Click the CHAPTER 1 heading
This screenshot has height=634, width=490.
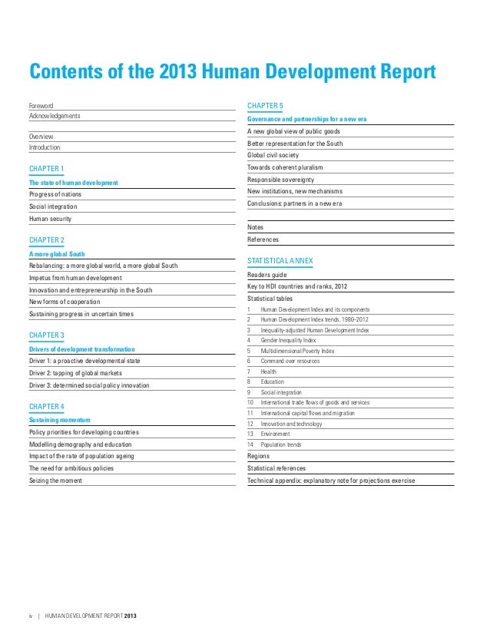[47, 168]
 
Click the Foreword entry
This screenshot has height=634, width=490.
[41, 104]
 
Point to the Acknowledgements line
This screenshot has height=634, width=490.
[55, 116]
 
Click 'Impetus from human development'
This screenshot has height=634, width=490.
[75, 277]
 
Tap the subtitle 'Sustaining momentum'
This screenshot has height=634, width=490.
[60, 421]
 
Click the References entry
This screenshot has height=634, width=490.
[263, 239]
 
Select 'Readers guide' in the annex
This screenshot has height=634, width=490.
[267, 274]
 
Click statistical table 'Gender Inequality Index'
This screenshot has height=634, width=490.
[288, 339]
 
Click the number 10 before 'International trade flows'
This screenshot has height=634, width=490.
[250, 402]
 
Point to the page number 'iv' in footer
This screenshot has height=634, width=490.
[31, 616]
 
